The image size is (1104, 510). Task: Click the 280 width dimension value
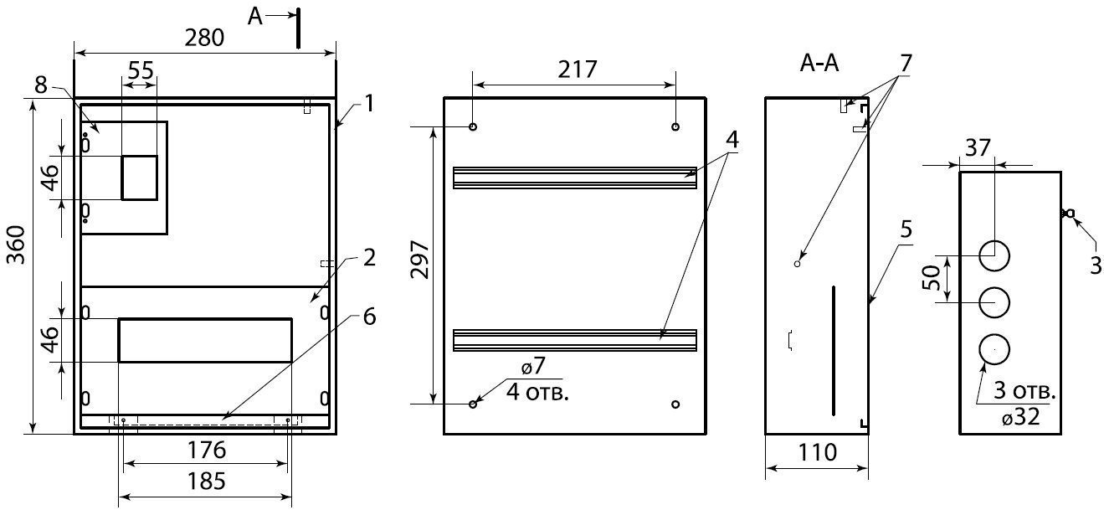(x=204, y=38)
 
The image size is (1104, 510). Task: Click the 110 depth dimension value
(x=816, y=453)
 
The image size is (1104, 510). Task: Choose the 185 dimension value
(x=205, y=482)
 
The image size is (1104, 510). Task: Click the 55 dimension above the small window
(x=140, y=70)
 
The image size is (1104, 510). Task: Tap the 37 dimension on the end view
(x=977, y=148)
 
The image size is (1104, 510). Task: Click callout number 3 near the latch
(x=1095, y=265)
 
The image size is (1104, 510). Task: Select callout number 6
(x=369, y=317)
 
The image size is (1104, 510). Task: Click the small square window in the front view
(x=140, y=178)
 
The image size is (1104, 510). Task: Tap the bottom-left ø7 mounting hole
(x=473, y=404)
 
